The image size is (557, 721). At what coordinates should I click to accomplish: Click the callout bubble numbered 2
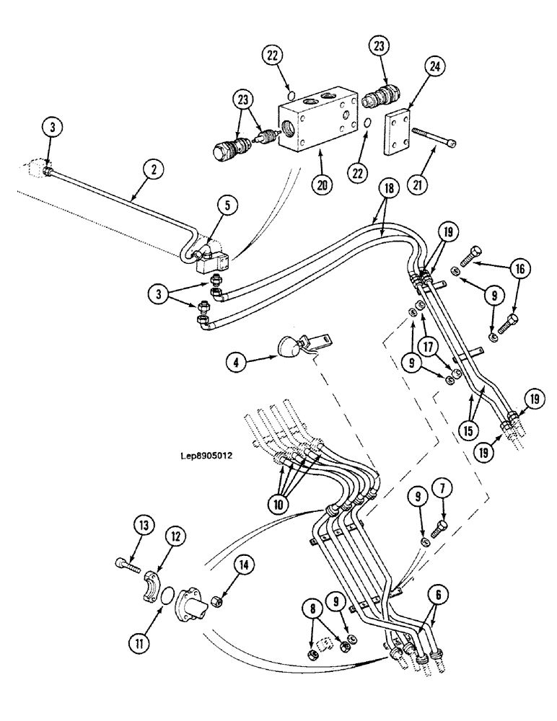pyautogui.click(x=153, y=171)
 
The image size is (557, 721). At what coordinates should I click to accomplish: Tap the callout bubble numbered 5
pyautogui.click(x=227, y=205)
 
